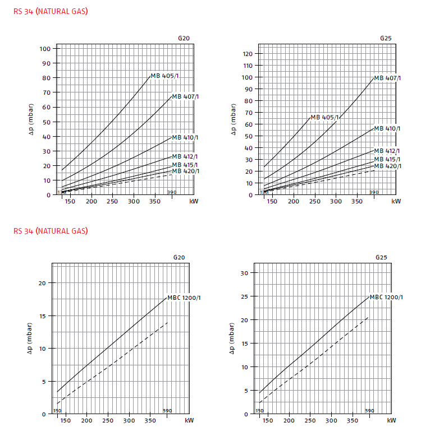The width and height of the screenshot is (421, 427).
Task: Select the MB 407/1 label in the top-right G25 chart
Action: [387, 78]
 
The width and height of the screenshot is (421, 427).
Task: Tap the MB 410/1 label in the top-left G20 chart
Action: [185, 137]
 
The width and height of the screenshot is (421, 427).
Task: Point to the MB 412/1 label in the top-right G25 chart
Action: [387, 151]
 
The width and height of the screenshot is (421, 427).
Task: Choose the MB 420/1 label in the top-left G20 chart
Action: [185, 171]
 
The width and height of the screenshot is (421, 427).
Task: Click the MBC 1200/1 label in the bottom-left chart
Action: [184, 298]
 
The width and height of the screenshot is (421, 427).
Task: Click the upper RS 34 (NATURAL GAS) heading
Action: [51, 11]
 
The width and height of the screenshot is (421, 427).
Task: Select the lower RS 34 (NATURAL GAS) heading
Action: [51, 230]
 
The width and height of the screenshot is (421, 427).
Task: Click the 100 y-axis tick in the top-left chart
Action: [45, 48]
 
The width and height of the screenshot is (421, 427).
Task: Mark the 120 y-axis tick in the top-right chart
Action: [247, 54]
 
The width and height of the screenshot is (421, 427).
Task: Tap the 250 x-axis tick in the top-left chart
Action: [113, 201]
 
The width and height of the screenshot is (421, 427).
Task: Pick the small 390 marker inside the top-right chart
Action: [374, 192]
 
